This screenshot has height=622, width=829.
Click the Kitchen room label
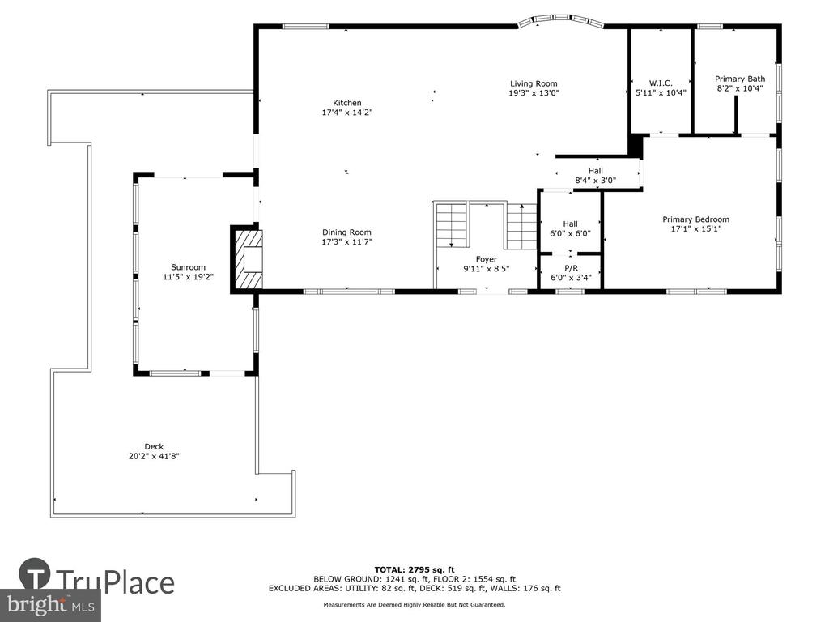346,103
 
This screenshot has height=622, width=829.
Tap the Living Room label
534,83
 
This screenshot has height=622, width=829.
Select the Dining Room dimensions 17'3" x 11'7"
346,241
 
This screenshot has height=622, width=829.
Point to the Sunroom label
188,267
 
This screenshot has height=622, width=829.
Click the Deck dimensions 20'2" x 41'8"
154,456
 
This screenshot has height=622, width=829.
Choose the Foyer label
487,259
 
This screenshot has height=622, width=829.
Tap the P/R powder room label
571,268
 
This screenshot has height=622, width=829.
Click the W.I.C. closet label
661,83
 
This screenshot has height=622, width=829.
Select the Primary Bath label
740,79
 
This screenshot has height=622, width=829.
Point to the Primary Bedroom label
695,219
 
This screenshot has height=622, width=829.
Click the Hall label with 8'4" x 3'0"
596,171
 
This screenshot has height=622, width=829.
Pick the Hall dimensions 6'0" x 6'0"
571,233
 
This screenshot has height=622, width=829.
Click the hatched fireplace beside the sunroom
248,258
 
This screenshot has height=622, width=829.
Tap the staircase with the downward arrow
452,224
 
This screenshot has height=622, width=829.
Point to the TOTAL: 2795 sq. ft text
414,569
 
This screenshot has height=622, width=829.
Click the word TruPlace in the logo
115,583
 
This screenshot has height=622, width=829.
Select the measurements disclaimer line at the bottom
414,604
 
